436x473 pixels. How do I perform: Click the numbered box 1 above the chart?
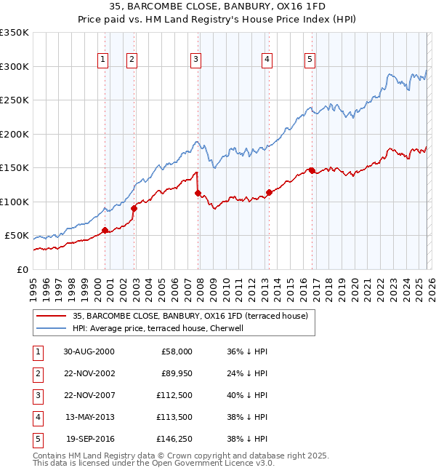(x=102, y=60)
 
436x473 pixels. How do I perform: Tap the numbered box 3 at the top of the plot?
(x=196, y=60)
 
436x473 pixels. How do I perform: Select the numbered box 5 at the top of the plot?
(x=310, y=60)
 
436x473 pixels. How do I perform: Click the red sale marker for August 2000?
(x=105, y=231)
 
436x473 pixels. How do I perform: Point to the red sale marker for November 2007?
(x=198, y=194)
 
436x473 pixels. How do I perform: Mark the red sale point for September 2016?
(x=312, y=170)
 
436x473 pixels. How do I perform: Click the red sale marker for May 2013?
(x=268, y=193)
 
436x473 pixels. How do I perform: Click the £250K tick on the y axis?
(x=15, y=100)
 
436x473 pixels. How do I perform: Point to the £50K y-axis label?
(x=17, y=236)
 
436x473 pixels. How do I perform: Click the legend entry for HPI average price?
(x=163, y=328)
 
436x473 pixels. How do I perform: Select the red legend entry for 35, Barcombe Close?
(x=190, y=316)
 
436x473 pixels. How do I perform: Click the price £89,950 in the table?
(x=174, y=373)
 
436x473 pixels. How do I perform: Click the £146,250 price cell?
(x=172, y=439)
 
